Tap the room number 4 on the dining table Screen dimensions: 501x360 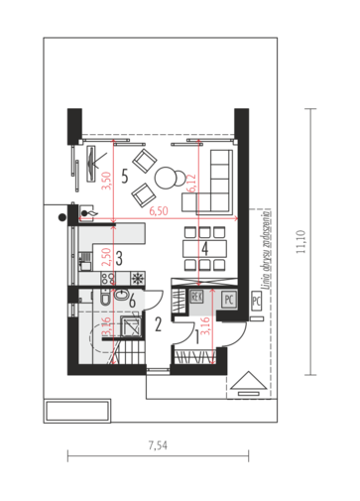203,249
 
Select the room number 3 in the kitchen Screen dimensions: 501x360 118,259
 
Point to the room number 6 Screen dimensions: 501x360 132,302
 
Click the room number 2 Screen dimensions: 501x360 158,322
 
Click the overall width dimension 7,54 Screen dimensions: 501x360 156,445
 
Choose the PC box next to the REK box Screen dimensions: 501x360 227,297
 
